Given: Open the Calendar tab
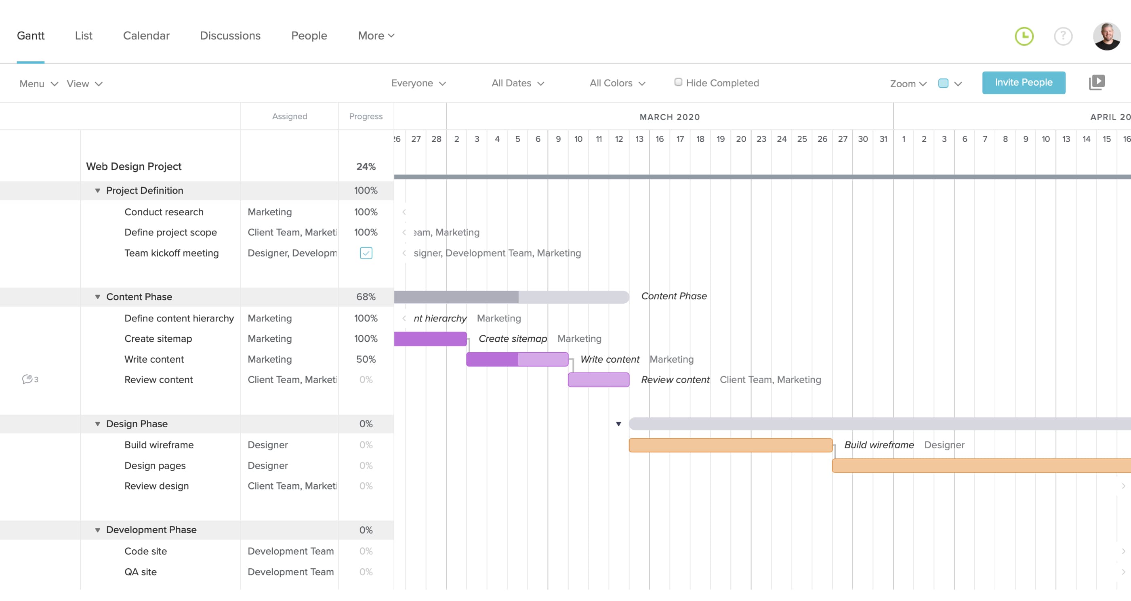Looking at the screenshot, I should [x=146, y=36].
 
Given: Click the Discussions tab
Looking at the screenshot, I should [x=230, y=36].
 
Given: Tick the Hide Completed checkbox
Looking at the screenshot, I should [x=678, y=82].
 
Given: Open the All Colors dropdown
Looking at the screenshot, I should [x=617, y=83].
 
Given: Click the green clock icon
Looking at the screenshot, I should [x=1024, y=36].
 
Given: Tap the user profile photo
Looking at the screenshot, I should [x=1106, y=36].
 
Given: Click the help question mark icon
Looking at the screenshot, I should [x=1063, y=36].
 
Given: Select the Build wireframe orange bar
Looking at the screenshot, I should [x=730, y=445].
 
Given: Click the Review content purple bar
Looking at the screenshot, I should [x=599, y=380].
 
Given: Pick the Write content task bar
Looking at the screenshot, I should [x=517, y=359].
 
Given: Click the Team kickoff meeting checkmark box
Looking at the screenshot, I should [x=366, y=253].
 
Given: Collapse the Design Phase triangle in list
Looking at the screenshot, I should [x=97, y=424].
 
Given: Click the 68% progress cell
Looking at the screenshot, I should [x=366, y=297].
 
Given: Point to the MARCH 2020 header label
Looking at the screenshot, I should [x=669, y=117].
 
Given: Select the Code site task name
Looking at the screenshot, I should [x=145, y=551].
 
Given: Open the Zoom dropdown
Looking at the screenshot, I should [x=908, y=84].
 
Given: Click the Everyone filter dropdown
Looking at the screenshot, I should [x=418, y=83].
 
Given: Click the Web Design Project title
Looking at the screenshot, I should [x=133, y=166].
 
